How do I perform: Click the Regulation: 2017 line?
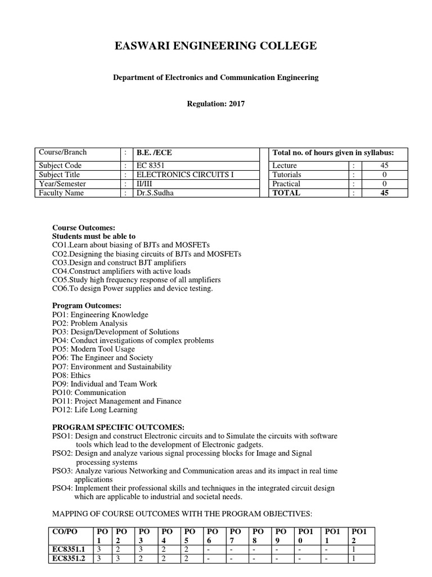pos(216,104)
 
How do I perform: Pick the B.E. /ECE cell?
pos(152,153)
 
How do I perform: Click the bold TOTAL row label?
pos(286,193)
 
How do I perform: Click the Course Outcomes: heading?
pos(83,228)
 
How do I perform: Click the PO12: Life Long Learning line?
pos(94,410)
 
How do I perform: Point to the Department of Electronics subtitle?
pos(216,78)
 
